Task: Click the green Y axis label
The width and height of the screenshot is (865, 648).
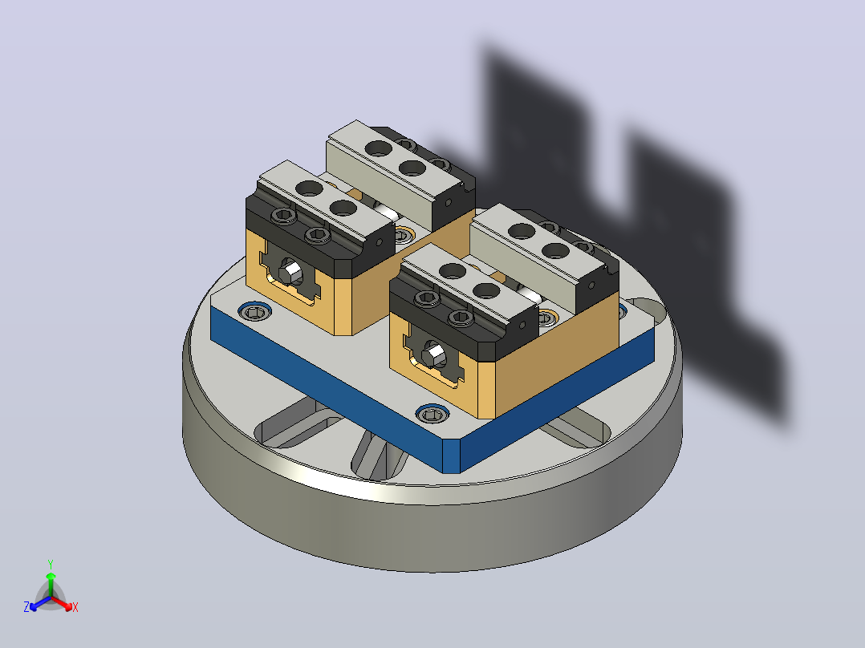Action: pos(51,564)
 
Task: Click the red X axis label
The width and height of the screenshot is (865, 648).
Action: pos(75,607)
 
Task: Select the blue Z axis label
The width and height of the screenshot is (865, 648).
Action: pos(26,607)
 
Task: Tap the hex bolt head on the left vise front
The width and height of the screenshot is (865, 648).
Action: pos(290,272)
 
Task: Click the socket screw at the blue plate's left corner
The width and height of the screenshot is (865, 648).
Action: pos(254,313)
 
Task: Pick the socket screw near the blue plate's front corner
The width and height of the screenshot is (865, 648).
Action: pos(432,414)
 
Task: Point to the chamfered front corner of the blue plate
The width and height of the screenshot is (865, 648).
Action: pos(451,456)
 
